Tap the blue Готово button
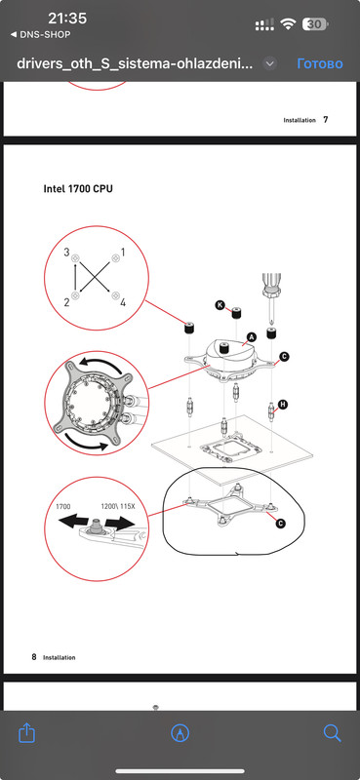click(320, 63)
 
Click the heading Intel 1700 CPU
click(78, 189)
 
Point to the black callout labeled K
click(220, 305)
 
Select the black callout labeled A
click(251, 337)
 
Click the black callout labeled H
click(283, 405)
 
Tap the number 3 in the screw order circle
click(66, 253)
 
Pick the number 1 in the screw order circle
click(123, 253)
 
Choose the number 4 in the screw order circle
click(123, 301)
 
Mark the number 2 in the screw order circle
click(66, 301)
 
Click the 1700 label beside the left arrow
click(63, 506)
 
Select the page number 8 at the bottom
click(34, 656)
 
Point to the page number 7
click(326, 119)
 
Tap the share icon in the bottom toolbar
click(27, 732)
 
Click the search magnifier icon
click(332, 733)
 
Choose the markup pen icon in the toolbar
click(180, 733)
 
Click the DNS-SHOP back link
click(41, 35)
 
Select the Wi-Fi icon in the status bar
click(289, 23)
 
